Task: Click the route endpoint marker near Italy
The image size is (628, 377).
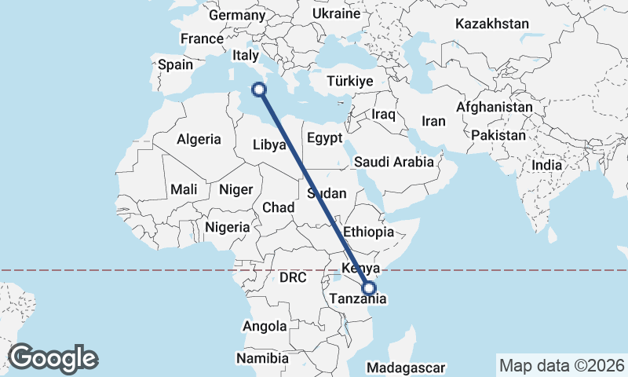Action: tap(260, 90)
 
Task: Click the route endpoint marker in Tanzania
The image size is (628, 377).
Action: tap(368, 288)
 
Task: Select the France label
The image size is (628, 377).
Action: tap(202, 38)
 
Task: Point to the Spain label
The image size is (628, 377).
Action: tap(175, 65)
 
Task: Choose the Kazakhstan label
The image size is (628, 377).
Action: tap(492, 24)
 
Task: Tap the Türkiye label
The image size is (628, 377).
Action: tap(349, 82)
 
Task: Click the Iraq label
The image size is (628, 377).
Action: tap(383, 115)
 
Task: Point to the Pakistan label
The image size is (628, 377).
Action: tap(498, 135)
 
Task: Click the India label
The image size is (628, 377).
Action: tap(546, 166)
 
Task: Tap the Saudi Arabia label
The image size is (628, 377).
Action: tap(394, 163)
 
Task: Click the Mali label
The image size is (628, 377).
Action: tap(184, 189)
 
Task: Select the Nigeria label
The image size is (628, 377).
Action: tap(227, 227)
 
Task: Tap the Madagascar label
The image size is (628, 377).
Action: tap(406, 368)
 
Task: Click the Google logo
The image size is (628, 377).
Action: tap(53, 358)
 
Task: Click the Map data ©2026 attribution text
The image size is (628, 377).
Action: tap(562, 365)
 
